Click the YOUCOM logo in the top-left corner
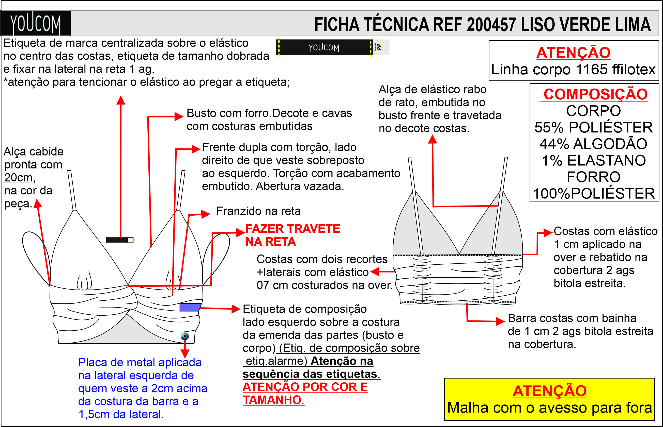click(35, 23)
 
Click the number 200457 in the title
click(491, 25)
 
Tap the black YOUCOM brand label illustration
click(324, 47)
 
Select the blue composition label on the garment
click(190, 307)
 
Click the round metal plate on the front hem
click(185, 336)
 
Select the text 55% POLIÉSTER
click(594, 128)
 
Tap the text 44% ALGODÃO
click(594, 144)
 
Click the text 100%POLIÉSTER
click(594, 194)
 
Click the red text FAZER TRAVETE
click(293, 229)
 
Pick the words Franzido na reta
click(258, 211)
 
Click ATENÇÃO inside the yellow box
click(549, 391)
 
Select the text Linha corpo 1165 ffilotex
click(573, 69)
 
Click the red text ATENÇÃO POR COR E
click(305, 387)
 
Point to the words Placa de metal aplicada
click(140, 362)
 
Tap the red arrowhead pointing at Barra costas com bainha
click(500, 321)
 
